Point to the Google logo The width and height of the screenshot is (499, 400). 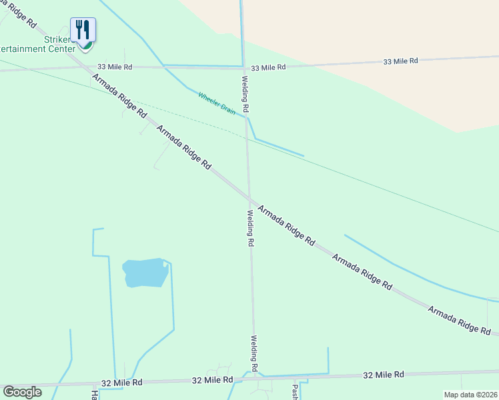pyautogui.click(x=22, y=391)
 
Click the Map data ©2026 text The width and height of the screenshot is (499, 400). pyautogui.click(x=470, y=395)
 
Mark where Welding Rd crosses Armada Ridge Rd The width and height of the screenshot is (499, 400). pyautogui.click(x=249, y=198)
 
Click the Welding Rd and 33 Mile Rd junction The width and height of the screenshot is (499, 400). pyautogui.click(x=243, y=67)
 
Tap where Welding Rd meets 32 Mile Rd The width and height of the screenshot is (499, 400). pyautogui.click(x=254, y=377)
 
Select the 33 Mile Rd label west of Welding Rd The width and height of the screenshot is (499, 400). pyautogui.click(x=115, y=67)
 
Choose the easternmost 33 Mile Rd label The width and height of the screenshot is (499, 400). pyautogui.click(x=400, y=61)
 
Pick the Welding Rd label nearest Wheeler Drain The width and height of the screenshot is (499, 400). pyautogui.click(x=245, y=93)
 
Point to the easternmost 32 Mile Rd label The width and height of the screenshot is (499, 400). pyautogui.click(x=384, y=375)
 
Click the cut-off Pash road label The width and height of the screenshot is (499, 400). pyautogui.click(x=294, y=391)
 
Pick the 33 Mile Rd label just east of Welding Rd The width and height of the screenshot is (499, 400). pyautogui.click(x=268, y=67)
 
